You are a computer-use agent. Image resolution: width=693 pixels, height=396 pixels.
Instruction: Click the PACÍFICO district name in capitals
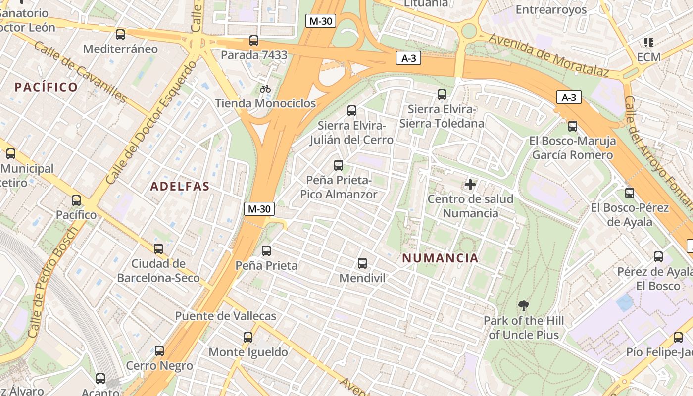[46, 88]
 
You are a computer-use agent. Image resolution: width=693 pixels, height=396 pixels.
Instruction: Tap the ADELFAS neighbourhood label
[180, 187]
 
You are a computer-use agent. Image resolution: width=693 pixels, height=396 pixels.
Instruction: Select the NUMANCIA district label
[440, 258]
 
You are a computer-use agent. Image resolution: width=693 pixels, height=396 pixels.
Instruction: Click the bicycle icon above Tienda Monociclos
[265, 89]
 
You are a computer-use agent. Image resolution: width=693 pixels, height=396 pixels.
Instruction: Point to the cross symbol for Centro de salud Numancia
[470, 185]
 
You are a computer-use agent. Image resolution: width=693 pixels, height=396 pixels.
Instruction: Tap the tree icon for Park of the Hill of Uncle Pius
[523, 306]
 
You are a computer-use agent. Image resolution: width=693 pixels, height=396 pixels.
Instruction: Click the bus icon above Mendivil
[362, 263]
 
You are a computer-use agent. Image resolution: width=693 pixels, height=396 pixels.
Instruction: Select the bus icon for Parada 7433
[254, 41]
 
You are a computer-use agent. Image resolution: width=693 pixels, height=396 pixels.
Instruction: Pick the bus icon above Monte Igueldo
[248, 338]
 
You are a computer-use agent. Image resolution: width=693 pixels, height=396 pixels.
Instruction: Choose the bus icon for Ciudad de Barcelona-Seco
[158, 249]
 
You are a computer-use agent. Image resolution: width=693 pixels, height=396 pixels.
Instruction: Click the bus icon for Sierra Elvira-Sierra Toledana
[442, 94]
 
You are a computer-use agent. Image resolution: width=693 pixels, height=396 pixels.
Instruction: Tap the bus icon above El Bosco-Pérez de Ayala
[630, 193]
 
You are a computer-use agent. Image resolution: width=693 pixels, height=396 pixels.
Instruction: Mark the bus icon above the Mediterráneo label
[120, 35]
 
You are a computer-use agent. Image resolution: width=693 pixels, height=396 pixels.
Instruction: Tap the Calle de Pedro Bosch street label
[51, 282]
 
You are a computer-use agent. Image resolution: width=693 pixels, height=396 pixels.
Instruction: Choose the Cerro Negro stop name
[159, 366]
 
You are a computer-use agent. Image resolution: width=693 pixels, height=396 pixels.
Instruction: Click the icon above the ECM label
[648, 43]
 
